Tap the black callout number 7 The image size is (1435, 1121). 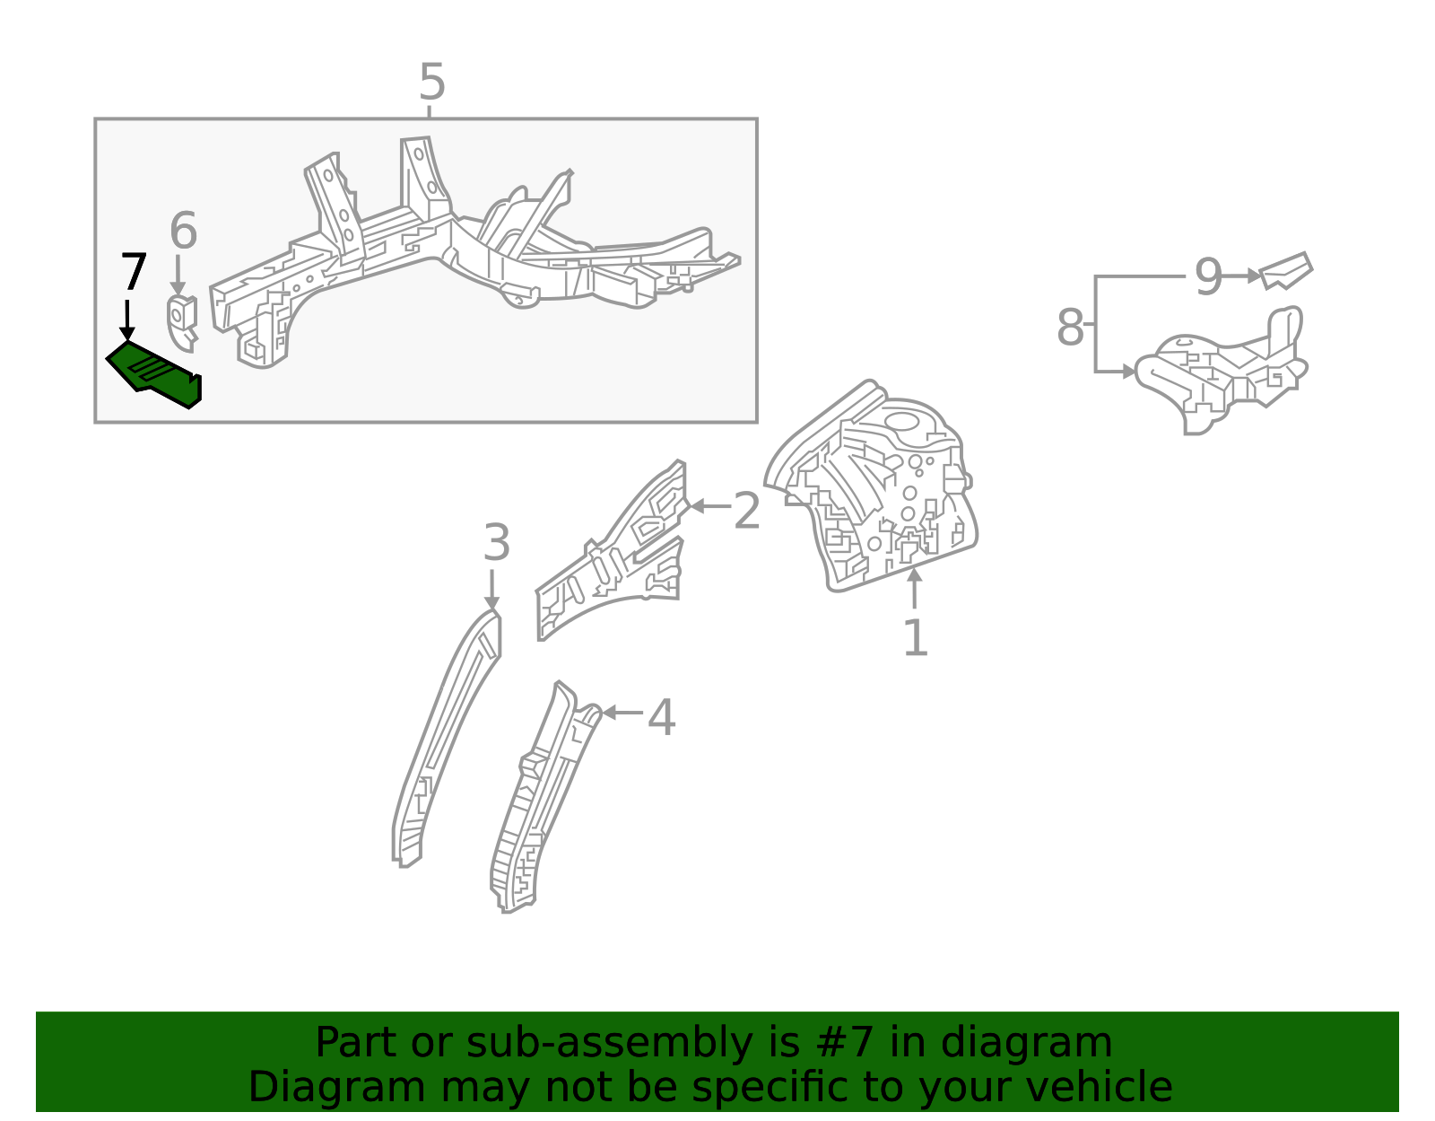click(x=133, y=272)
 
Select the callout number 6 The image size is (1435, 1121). click(x=183, y=232)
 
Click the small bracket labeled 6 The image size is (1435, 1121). click(x=182, y=320)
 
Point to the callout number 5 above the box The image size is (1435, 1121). click(x=431, y=83)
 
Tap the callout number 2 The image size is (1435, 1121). click(x=746, y=512)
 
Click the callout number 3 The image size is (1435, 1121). click(x=496, y=544)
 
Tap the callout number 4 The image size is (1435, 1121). click(x=661, y=718)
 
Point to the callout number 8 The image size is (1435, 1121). click(x=1070, y=328)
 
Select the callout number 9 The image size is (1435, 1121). click(x=1208, y=277)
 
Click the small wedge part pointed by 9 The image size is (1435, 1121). click(x=1286, y=271)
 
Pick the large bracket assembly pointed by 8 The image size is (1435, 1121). click(x=1220, y=372)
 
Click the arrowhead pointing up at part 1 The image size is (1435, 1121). click(x=914, y=575)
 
